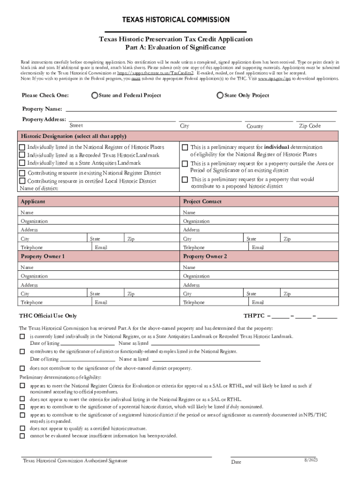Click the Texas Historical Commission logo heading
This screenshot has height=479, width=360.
(176, 20)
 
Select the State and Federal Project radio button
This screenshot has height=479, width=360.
(95, 95)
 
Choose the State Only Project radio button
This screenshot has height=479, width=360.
(220, 95)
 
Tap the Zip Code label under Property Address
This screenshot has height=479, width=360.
(310, 126)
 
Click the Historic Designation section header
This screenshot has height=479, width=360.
(73, 136)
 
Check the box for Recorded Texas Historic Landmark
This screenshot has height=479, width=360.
(22, 155)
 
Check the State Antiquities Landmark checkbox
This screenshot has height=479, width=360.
(22, 163)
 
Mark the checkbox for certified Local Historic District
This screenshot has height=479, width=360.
(22, 181)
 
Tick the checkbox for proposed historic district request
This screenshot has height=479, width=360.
(185, 179)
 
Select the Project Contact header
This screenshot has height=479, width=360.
(202, 202)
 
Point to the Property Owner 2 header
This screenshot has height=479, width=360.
(205, 256)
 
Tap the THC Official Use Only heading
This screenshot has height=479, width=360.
(48, 316)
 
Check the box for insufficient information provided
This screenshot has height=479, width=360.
(22, 436)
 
